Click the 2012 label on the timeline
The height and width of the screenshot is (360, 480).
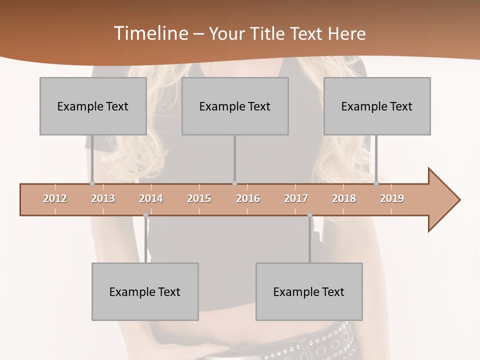[x=55, y=198]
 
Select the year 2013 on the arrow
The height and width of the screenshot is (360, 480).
[x=103, y=198]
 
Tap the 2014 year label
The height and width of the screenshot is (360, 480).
[x=151, y=198]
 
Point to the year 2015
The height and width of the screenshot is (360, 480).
[x=199, y=198]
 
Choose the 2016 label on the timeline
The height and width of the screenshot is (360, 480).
[x=248, y=198]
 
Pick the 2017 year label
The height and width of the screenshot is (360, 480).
[x=296, y=198]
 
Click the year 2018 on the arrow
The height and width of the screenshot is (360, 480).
[x=344, y=198]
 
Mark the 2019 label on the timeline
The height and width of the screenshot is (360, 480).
[x=392, y=198]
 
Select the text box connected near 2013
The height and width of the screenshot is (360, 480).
[x=93, y=106]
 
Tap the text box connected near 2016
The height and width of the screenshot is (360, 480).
[x=235, y=106]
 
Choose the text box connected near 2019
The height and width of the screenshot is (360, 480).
[x=377, y=106]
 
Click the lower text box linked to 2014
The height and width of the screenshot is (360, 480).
[x=145, y=291]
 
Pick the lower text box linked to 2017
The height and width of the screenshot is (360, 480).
[x=309, y=291]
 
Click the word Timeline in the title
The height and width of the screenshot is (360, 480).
[x=150, y=33]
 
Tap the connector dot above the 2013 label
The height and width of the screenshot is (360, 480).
[x=92, y=183]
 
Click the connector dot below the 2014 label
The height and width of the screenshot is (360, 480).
[x=145, y=215]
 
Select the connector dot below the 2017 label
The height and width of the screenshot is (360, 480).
[x=309, y=215]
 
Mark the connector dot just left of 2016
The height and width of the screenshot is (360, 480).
[x=234, y=183]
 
